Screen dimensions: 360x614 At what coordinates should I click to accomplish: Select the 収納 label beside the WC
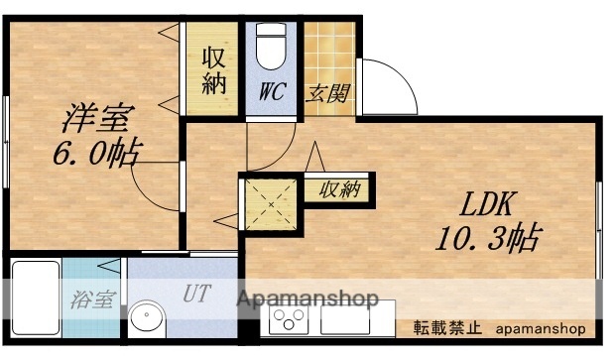(x=214, y=71)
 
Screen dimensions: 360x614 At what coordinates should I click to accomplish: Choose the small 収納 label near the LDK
(x=338, y=188)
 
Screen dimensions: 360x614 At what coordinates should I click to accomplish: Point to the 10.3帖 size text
(x=485, y=238)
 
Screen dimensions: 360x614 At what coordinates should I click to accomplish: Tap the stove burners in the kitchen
(x=290, y=321)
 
